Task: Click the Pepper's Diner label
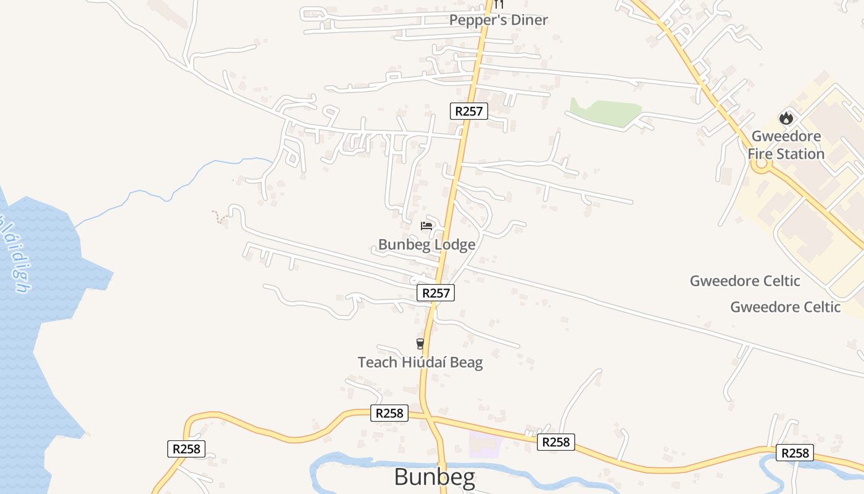point(498,20)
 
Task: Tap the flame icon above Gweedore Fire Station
point(786,117)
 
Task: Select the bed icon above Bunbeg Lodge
point(426,226)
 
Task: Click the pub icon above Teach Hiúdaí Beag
point(420,344)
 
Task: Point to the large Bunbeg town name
point(434,477)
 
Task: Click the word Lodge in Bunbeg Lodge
point(455,245)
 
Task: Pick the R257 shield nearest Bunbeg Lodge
point(436,293)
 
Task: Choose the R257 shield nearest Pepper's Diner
point(469,111)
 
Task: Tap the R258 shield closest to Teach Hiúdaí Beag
point(389,413)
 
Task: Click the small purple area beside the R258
point(486,444)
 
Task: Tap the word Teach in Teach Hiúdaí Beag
point(378,362)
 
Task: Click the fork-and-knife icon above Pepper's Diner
point(499,4)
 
